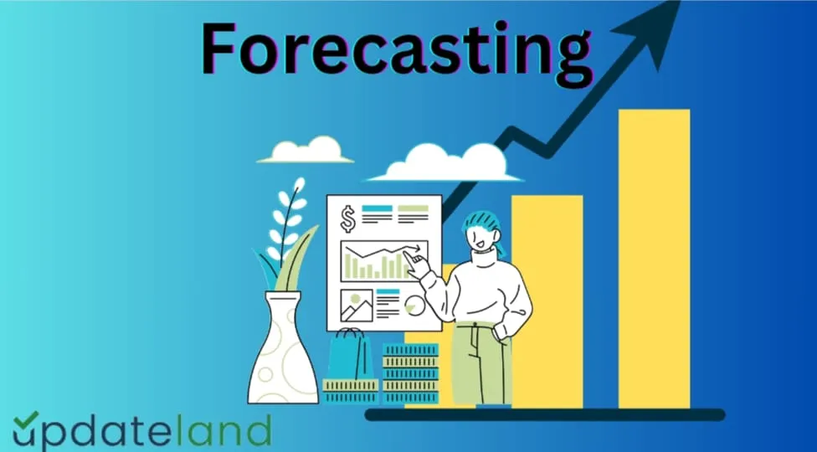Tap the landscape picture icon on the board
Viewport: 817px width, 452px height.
356,306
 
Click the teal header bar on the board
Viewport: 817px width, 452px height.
376,208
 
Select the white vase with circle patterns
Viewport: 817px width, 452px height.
284,352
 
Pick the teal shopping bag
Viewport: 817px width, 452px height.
348,356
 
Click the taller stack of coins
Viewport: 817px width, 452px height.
410,373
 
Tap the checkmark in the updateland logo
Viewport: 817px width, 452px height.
25,423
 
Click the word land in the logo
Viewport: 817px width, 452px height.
223,432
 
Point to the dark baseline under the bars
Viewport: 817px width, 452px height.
544,414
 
